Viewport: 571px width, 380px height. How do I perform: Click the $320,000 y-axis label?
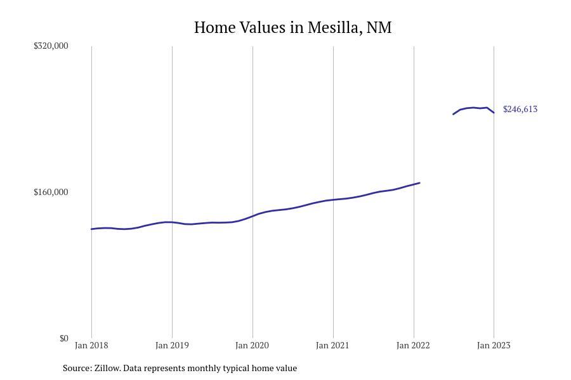[x=51, y=46]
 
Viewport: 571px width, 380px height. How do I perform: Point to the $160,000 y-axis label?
[x=51, y=192]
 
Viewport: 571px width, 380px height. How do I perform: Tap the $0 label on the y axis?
[x=63, y=338]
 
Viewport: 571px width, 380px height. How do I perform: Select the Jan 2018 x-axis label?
[x=91, y=345]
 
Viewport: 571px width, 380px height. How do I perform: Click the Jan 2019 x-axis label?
[x=172, y=345]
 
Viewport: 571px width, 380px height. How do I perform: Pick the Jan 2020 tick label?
[x=252, y=345]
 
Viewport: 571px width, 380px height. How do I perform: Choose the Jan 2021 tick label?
[x=332, y=345]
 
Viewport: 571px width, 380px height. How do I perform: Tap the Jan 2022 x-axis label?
[x=413, y=345]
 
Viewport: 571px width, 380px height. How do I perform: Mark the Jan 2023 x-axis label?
[x=494, y=345]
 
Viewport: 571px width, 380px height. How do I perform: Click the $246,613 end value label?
[x=520, y=109]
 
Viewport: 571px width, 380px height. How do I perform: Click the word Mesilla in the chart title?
[x=332, y=28]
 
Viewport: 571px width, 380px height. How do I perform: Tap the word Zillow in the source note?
[x=107, y=368]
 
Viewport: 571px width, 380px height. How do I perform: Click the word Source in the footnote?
[x=77, y=368]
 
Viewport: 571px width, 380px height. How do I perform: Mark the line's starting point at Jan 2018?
[x=91, y=229]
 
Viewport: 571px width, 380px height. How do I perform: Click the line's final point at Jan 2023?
[x=494, y=113]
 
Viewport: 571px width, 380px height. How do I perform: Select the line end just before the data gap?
[x=419, y=183]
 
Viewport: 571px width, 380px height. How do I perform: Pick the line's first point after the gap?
[x=453, y=114]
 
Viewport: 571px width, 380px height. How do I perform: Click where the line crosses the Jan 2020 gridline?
[x=253, y=216]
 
